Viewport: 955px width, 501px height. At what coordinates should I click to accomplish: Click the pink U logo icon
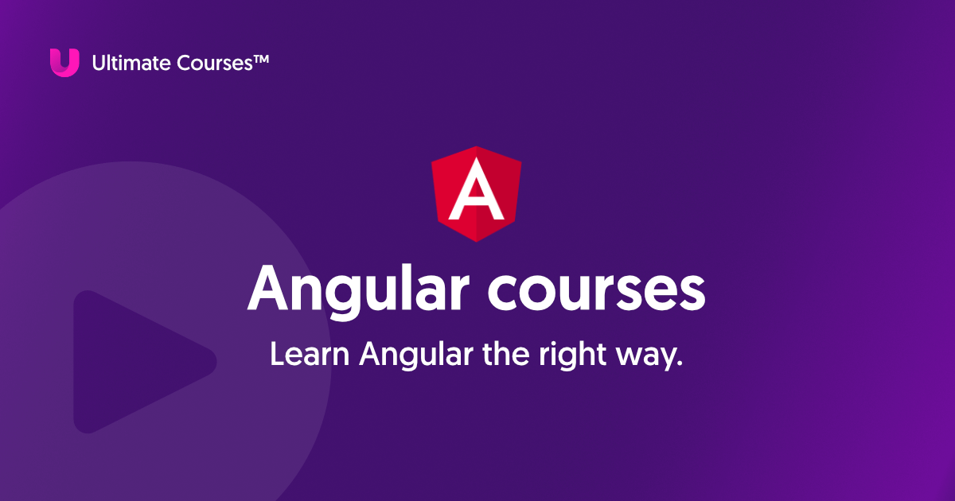pos(64,62)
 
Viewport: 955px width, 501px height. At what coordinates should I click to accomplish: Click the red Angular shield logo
pos(477,194)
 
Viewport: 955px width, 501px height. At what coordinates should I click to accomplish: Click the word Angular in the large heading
pos(357,289)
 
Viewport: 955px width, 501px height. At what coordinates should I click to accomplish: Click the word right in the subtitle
pos(571,355)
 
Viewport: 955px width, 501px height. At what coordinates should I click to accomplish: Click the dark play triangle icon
pos(135,362)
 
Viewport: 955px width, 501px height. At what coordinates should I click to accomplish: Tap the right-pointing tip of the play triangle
pos(213,362)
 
